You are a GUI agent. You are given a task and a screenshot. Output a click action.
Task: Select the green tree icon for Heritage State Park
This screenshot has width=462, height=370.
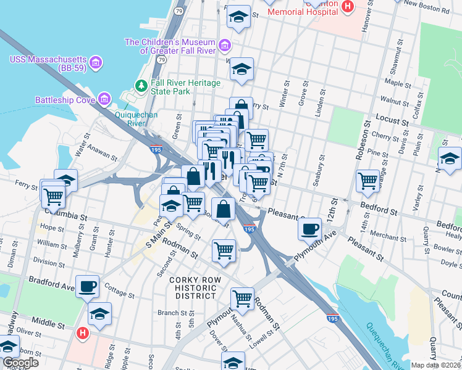click(141, 86)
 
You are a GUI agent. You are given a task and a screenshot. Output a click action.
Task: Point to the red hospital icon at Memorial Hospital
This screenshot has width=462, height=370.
click(348, 6)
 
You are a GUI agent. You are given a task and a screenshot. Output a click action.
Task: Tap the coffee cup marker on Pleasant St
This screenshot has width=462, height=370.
click(309, 229)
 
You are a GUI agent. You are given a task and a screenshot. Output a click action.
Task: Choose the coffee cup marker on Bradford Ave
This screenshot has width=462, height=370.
click(88, 286)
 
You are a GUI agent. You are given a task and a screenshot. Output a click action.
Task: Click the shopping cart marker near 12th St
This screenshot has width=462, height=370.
click(368, 181)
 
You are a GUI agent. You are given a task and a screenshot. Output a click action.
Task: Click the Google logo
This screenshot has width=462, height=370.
click(20, 363)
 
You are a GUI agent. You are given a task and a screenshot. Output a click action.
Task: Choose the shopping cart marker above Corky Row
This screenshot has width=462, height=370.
click(223, 250)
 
